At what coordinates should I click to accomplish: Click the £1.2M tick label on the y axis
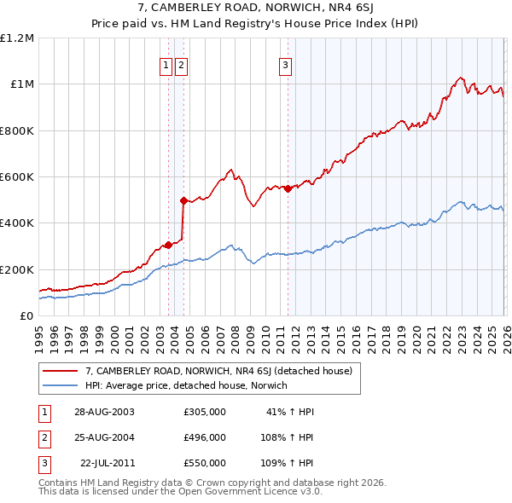(17, 38)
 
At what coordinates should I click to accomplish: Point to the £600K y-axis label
(17, 177)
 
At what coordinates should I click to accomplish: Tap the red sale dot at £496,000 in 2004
(183, 201)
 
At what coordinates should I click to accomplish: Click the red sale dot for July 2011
(288, 189)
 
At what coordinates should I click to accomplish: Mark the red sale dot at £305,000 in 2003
(168, 245)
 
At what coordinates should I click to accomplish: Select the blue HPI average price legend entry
(186, 385)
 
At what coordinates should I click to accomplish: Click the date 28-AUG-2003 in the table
(104, 412)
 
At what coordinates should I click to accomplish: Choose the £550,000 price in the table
(205, 463)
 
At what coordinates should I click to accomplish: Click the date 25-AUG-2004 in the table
(104, 437)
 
